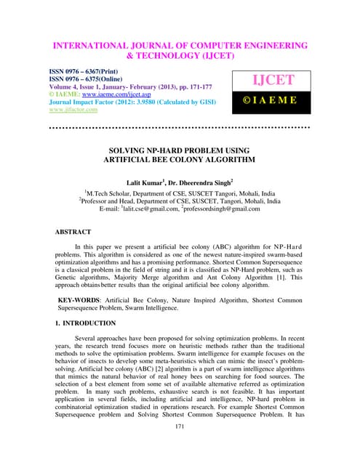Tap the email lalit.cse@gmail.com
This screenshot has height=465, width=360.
pyautogui.click(x=145, y=209)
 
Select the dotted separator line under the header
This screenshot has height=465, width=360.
pyautogui.click(x=179, y=127)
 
